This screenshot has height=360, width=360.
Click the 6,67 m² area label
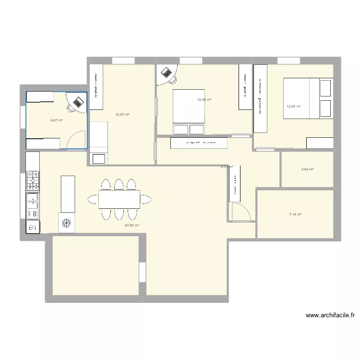pyautogui.click(x=57, y=120)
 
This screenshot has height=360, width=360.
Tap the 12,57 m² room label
pyautogui.click(x=122, y=114)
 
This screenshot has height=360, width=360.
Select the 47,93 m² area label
pyautogui.click(x=132, y=225)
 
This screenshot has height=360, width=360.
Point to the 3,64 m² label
pyautogui.click(x=307, y=169)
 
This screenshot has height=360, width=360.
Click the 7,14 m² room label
pyautogui.click(x=295, y=215)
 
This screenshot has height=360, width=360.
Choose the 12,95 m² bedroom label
pyautogui.click(x=293, y=107)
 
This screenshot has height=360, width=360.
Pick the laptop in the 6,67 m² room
pyautogui.click(x=77, y=101)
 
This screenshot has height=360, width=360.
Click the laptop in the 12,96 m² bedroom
pyautogui.click(x=167, y=72)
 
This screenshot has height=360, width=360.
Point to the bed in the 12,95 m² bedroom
pyautogui.click(x=307, y=99)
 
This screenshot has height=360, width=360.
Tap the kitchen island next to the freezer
pyautogui.click(x=67, y=193)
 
